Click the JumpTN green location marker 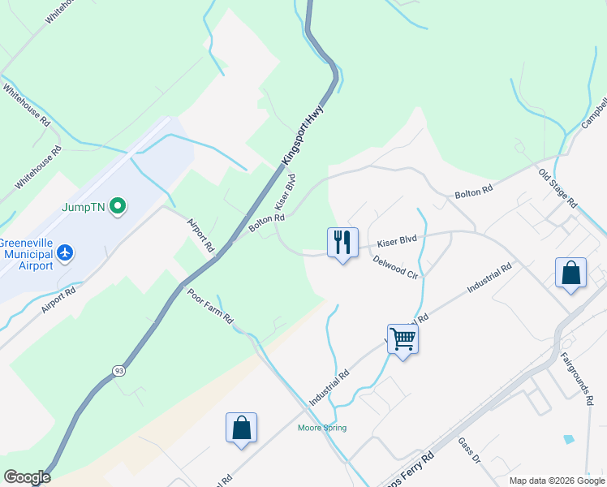[x=118, y=206]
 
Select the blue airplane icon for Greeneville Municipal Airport [x=65, y=253]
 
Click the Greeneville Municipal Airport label [x=27, y=253]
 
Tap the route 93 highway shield [x=118, y=370]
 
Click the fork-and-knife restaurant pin [x=342, y=242]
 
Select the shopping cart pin [x=403, y=338]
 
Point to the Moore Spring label [x=322, y=428]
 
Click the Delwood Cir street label [x=396, y=267]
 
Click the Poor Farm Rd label [x=210, y=305]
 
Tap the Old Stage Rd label [x=557, y=187]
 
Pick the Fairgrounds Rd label [x=575, y=379]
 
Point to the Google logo [x=26, y=477]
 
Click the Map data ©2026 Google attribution [x=556, y=481]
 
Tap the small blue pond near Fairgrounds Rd [x=568, y=439]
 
